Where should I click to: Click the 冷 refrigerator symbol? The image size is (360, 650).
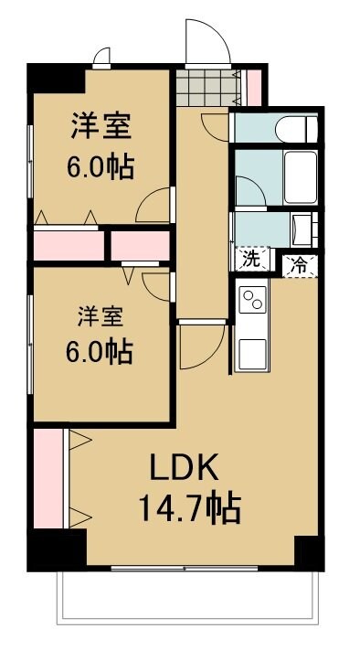pos(298,265)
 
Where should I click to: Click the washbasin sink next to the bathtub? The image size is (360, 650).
pos(302,226)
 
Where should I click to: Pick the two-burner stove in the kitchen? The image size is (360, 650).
pos(252,299)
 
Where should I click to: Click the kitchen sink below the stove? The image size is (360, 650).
pos(251,349)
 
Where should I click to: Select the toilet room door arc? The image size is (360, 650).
pos(216,125)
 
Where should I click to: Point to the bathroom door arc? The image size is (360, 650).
pos(249,191)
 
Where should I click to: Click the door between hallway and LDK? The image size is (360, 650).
pos(201,345)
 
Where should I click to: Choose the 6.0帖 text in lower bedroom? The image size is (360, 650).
pos(100,351)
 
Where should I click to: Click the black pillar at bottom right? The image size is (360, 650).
pos(308,552)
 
